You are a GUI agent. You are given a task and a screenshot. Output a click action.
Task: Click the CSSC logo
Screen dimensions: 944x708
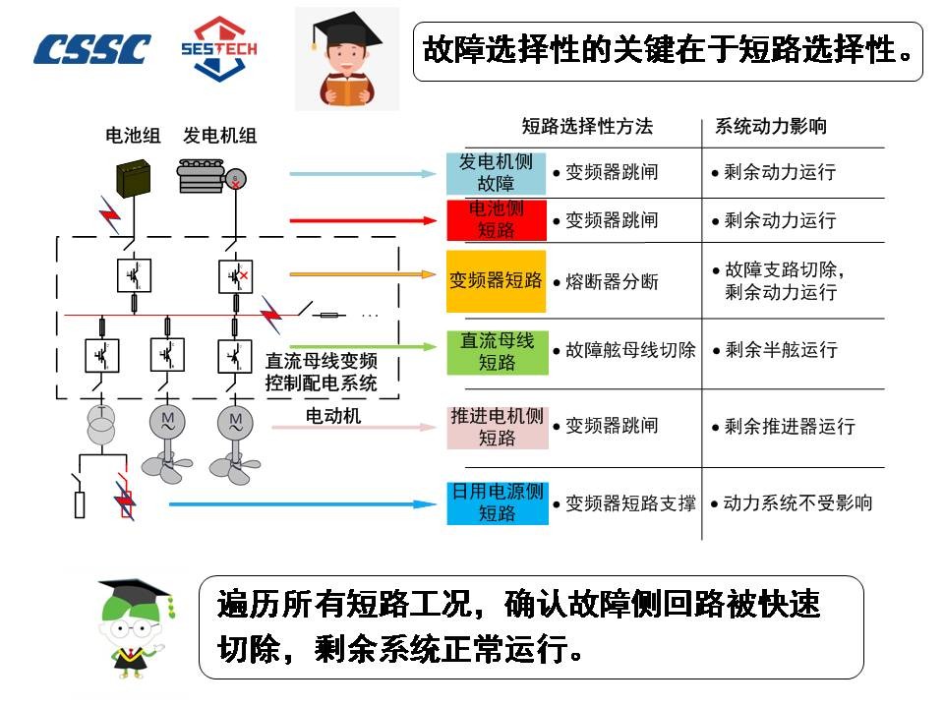point(91,49)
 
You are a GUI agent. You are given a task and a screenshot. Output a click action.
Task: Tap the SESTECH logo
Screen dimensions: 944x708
point(219,48)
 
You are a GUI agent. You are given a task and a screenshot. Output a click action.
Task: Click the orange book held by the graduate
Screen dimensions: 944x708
point(346,92)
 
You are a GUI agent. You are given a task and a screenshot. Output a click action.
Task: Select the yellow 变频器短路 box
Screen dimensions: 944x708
point(496,280)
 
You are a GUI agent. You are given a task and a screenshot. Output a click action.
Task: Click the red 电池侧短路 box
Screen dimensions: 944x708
point(496,220)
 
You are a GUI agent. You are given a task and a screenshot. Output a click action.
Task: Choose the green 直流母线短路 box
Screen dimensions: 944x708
point(498,352)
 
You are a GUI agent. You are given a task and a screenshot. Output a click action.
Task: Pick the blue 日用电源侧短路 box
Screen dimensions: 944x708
point(498,502)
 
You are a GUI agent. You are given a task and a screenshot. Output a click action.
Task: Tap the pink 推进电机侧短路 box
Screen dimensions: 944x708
point(498,427)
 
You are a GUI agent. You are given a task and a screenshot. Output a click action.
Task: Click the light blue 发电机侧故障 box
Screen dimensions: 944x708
point(496,173)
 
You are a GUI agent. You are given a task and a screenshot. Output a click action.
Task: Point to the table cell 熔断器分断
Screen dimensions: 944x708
point(606,282)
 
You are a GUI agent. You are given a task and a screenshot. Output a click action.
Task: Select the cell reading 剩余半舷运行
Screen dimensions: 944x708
point(776,350)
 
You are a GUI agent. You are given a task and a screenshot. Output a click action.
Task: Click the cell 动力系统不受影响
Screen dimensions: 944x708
point(792,502)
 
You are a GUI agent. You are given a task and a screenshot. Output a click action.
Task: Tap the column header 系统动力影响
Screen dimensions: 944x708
point(771,127)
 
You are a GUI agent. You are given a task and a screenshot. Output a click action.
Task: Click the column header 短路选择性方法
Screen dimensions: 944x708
point(587,127)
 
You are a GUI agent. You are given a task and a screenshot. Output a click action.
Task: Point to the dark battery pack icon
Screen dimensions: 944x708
point(133,178)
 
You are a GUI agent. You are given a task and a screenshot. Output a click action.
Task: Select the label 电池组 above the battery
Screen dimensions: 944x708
point(133,136)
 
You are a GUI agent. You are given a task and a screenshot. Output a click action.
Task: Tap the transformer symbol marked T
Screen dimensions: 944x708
point(101,423)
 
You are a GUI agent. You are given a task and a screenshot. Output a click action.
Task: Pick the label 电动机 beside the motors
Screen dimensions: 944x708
point(333,415)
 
